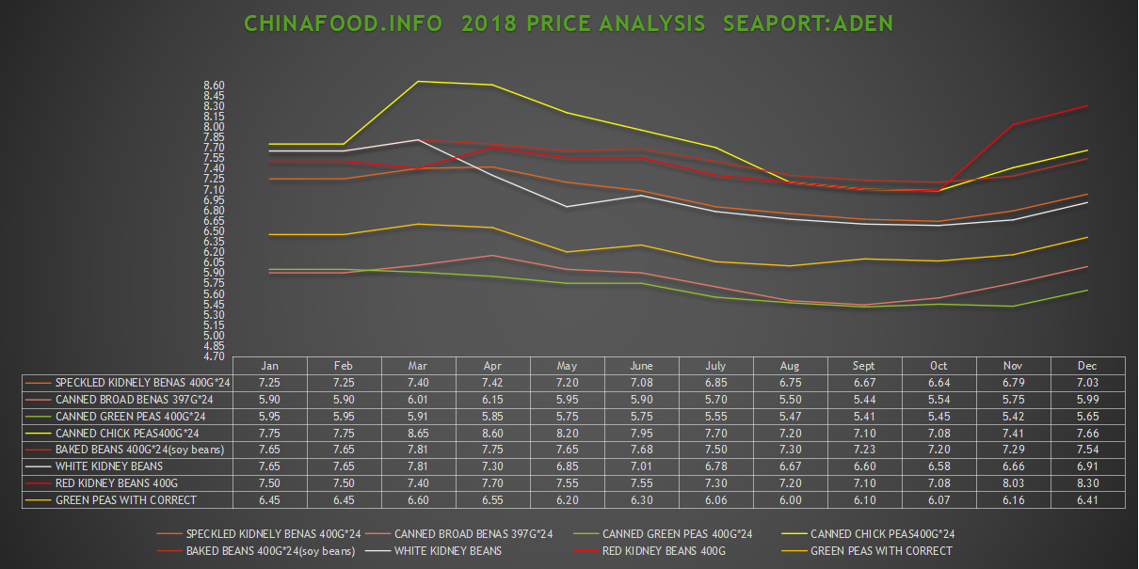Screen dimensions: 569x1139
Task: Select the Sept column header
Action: [x=863, y=366]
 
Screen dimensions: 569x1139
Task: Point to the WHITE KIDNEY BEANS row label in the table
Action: [x=109, y=466]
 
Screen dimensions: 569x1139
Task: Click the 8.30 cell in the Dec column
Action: [x=1088, y=482]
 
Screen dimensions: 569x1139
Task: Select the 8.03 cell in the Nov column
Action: [x=1013, y=482]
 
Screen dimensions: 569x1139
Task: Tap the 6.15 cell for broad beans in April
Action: [x=492, y=399]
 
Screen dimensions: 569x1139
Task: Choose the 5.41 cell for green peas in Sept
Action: [x=863, y=416]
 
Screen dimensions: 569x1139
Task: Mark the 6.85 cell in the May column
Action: [x=567, y=466]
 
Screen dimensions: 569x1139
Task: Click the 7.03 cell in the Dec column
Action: [x=1088, y=383]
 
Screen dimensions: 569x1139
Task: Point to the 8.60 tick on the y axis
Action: [x=214, y=86]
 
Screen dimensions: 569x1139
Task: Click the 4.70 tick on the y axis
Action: [x=214, y=356]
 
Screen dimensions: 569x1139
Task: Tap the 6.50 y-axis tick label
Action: [x=214, y=231]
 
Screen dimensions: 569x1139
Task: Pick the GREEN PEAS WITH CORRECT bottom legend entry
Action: [x=881, y=551]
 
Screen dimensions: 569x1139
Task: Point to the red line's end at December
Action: [x=1088, y=105]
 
